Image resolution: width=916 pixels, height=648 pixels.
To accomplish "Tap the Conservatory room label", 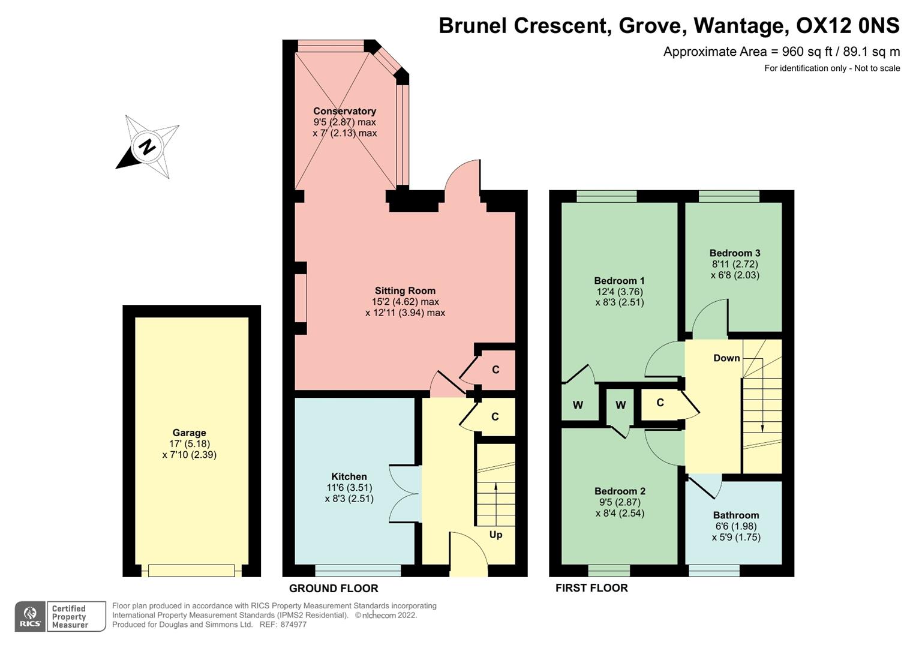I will [344, 111].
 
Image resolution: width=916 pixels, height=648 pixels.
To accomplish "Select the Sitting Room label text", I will [405, 290].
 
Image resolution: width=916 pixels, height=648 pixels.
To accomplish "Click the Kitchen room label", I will [349, 476].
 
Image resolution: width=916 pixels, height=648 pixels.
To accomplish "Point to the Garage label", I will [189, 433].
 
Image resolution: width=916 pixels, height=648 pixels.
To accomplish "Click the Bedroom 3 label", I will [735, 253].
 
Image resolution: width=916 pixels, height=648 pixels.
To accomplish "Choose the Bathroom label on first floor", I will [736, 515].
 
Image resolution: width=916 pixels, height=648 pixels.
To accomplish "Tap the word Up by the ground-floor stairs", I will [495, 535].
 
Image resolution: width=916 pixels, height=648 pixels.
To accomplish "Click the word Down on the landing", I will [726, 358].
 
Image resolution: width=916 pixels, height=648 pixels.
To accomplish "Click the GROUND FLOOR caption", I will [334, 589].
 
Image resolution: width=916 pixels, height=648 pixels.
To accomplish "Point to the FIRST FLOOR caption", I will [591, 588].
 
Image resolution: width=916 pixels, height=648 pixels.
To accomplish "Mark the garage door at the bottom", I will [191, 571].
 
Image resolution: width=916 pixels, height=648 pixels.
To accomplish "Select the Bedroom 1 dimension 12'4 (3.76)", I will [619, 292].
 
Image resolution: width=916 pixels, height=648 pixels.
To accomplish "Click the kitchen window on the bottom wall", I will [358, 570].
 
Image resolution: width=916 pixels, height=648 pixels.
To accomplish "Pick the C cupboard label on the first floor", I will [660, 403].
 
